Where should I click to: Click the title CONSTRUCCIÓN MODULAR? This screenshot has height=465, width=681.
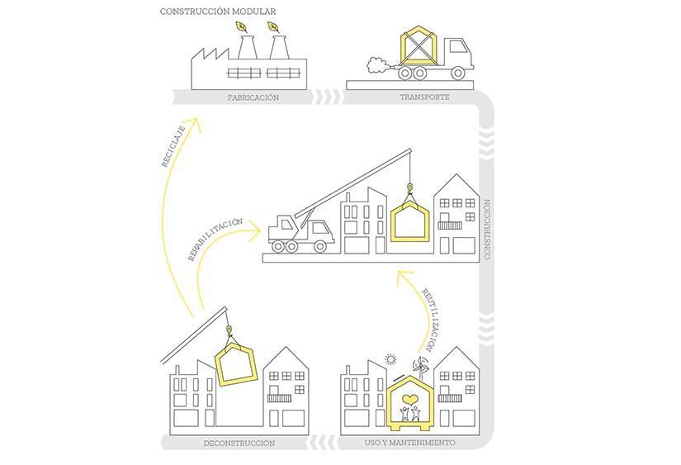point(218,12)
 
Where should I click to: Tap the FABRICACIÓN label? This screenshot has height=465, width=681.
point(253,97)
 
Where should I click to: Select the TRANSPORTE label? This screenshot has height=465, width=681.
point(425,97)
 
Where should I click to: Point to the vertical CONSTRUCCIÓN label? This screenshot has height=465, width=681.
point(487,229)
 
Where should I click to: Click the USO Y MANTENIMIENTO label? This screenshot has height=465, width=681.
point(409,443)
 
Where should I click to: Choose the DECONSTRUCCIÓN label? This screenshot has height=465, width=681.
point(239,443)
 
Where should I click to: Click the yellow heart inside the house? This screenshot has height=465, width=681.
point(409,400)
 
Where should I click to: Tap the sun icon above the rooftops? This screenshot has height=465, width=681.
point(390,359)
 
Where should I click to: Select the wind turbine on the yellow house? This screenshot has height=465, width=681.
point(421,364)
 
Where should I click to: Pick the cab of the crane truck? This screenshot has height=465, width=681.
point(283,227)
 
